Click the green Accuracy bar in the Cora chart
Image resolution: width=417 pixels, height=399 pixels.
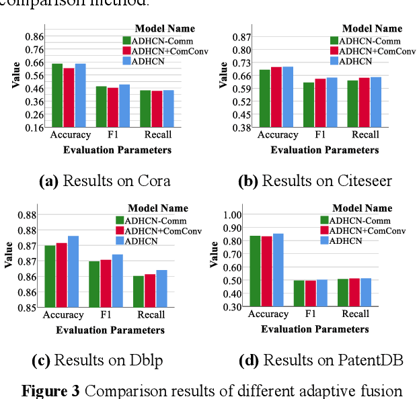coord(57,95)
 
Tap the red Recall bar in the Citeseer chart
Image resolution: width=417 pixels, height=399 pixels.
coord(364,102)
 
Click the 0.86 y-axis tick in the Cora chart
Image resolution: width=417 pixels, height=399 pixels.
coord(34,36)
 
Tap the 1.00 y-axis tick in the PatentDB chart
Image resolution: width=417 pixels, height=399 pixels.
coord(231,215)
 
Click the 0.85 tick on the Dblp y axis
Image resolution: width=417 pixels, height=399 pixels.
coord(28,308)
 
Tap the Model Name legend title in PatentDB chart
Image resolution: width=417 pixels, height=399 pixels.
coord(362,208)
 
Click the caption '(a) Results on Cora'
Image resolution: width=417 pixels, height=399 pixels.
coord(104,181)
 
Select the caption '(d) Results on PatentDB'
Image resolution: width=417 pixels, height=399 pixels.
coord(320,361)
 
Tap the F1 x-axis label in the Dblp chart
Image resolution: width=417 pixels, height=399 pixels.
coord(106,315)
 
